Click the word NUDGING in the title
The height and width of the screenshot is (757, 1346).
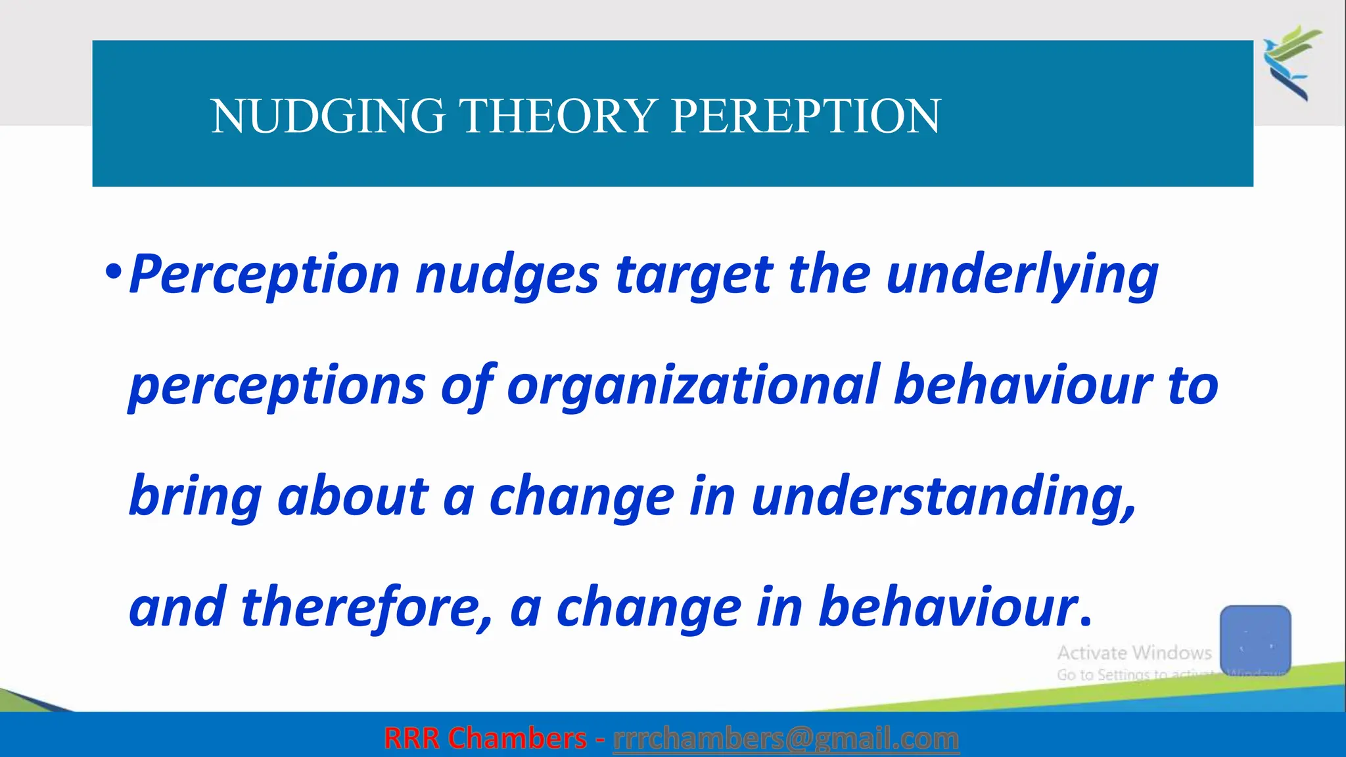pos(327,116)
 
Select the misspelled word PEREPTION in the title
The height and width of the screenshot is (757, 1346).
pos(806,116)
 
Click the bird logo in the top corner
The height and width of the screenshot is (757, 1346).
pos(1291,62)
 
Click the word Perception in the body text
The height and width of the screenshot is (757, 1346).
pos(264,275)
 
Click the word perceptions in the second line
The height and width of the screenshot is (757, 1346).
pos(277,386)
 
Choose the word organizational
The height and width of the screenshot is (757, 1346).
pos(693,385)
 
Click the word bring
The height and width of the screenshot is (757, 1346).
pos(195,497)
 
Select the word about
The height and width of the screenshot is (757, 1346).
pos(353,496)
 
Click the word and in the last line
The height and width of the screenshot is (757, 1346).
pos(177,608)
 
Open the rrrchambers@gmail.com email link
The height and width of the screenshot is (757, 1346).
pos(786,739)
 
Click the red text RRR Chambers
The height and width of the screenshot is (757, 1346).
pos(485,739)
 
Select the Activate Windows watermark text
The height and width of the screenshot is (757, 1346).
pos(1134,653)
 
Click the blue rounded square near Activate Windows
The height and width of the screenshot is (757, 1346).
pos(1255,639)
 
